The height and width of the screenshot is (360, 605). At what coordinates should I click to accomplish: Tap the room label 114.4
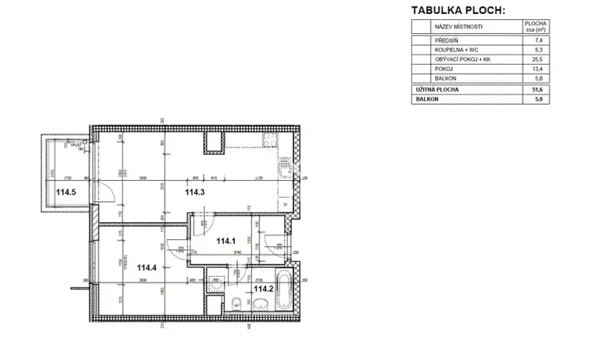pyautogui.click(x=149, y=268)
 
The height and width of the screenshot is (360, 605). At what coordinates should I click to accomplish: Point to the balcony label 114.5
pyautogui.click(x=65, y=193)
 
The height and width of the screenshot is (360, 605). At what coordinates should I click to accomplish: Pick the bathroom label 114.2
pyautogui.click(x=264, y=289)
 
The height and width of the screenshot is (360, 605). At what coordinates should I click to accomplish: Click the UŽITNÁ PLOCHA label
pyautogui.click(x=439, y=90)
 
